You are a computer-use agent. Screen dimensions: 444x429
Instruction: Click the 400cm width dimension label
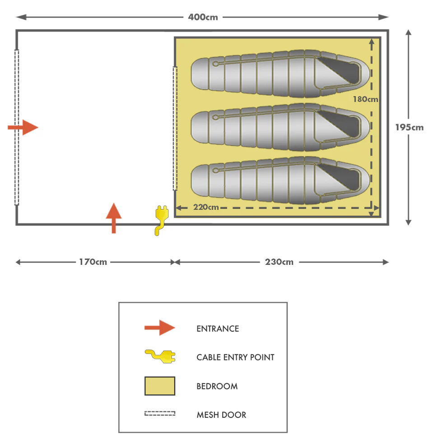click(203, 17)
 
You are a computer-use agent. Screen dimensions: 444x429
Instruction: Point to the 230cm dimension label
click(279, 262)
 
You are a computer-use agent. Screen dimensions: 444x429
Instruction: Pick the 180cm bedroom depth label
click(365, 99)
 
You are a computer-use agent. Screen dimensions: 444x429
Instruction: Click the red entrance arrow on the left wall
click(23, 127)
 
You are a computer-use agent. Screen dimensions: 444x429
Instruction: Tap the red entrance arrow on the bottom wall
click(114, 217)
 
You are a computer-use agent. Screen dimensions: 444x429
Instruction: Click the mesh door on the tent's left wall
click(17, 127)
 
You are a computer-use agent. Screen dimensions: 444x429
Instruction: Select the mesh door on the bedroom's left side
click(175, 128)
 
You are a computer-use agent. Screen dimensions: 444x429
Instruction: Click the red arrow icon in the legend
click(159, 328)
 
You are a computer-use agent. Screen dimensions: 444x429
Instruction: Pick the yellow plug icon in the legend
click(160, 356)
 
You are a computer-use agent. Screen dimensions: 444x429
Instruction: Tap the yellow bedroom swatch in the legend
click(159, 386)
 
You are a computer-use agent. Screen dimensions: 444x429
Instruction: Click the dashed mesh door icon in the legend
click(159, 413)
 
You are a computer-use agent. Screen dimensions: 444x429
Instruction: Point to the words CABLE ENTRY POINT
click(235, 357)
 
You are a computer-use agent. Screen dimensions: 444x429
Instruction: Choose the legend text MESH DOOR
click(221, 415)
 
